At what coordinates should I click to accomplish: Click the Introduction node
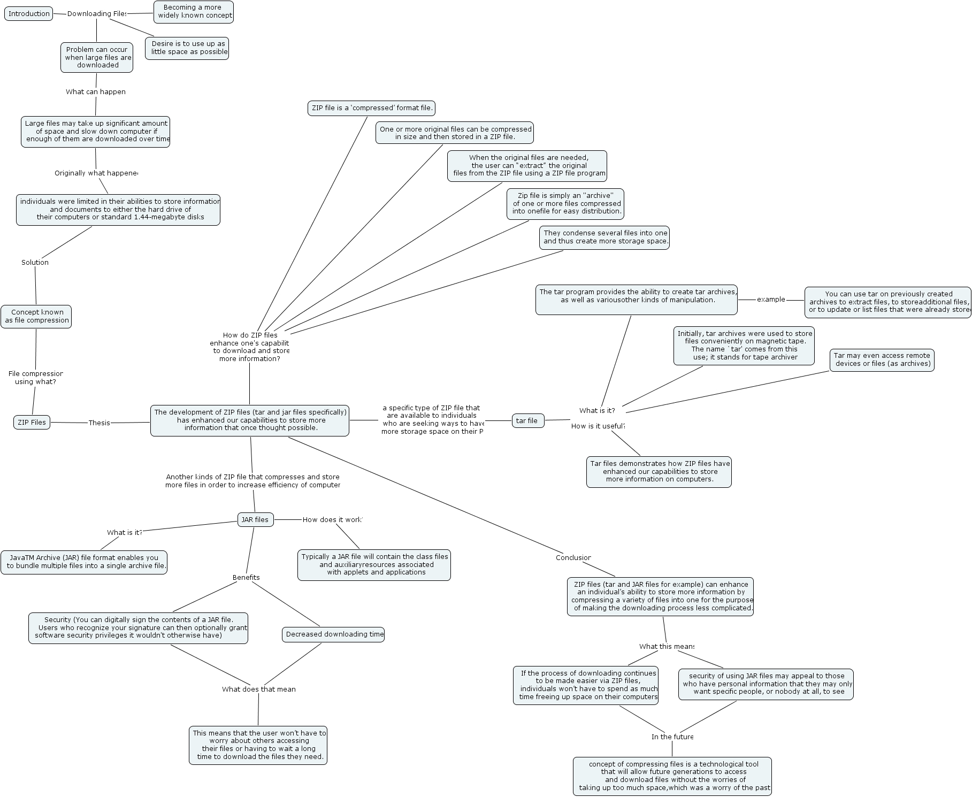click(29, 14)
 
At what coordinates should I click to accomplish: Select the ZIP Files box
click(32, 423)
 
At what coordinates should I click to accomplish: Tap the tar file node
click(527, 421)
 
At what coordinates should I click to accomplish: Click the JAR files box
click(255, 520)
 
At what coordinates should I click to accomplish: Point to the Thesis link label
click(99, 423)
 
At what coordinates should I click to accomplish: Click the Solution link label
click(35, 263)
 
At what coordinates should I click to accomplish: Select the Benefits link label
click(246, 578)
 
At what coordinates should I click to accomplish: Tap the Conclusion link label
click(573, 558)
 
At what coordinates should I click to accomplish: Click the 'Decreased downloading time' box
click(333, 634)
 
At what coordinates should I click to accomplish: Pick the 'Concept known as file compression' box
click(36, 317)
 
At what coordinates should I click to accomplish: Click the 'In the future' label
click(672, 737)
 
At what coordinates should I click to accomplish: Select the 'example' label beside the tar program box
click(771, 300)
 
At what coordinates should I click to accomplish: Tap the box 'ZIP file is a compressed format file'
click(372, 108)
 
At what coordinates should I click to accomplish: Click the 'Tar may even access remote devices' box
click(882, 360)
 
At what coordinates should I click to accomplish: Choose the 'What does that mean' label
click(259, 689)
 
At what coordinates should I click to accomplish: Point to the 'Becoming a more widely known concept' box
click(194, 12)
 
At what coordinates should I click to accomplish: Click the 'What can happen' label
click(96, 92)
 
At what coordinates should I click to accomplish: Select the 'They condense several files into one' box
click(604, 237)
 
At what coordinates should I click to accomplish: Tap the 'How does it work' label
click(332, 520)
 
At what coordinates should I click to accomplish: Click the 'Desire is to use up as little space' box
click(187, 48)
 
